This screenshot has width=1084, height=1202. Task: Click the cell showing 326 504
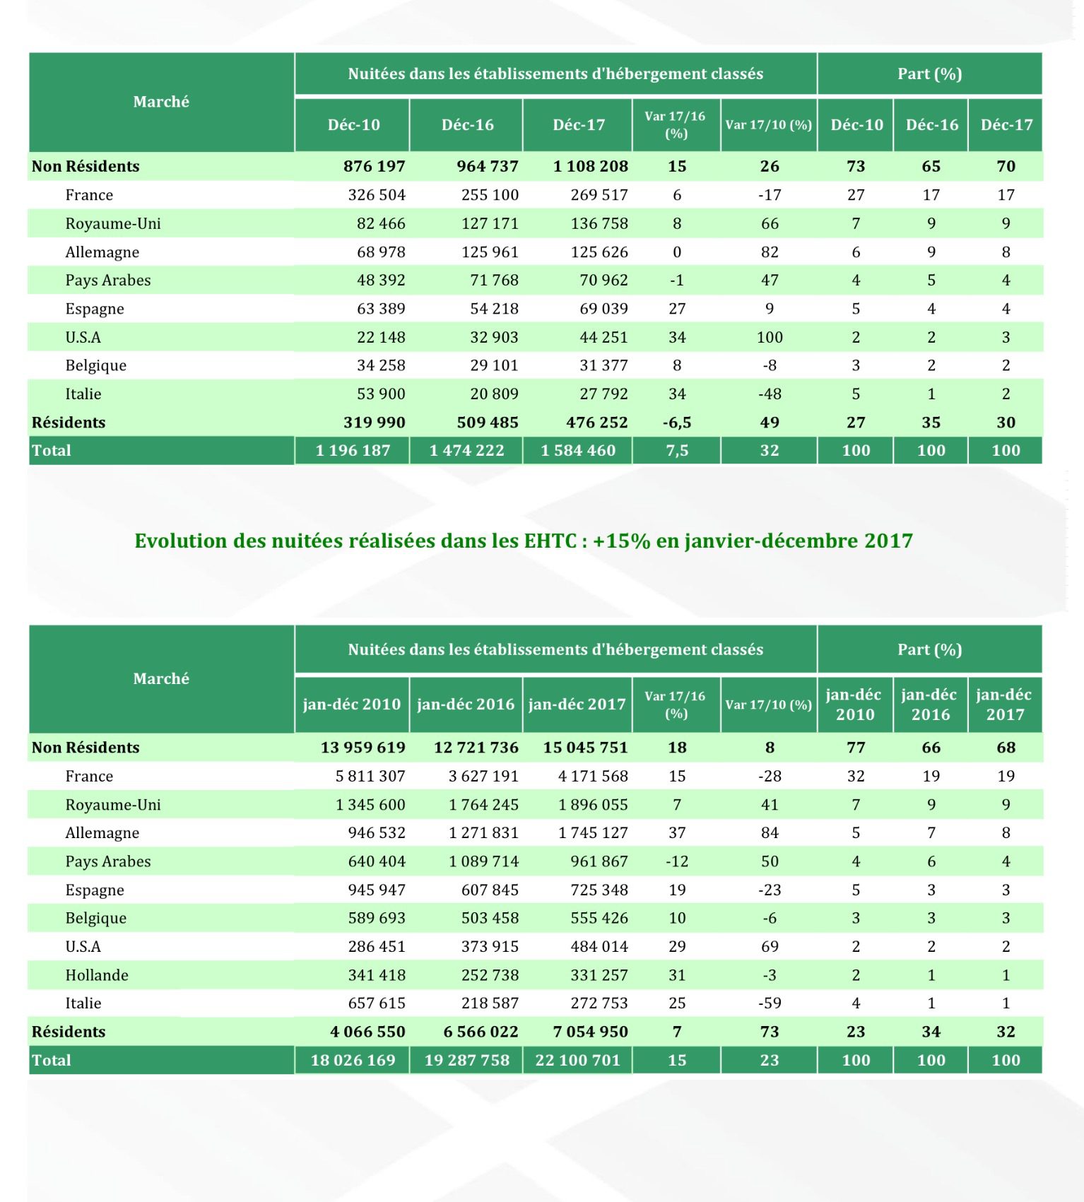click(x=377, y=195)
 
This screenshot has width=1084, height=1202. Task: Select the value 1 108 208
click(x=590, y=167)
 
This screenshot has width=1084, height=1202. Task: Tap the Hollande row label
click(x=97, y=975)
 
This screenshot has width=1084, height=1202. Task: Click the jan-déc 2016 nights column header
click(x=466, y=705)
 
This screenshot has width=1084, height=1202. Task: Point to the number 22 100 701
click(x=577, y=1060)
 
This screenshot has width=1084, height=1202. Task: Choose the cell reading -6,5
click(x=677, y=423)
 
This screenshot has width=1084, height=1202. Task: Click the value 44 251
click(x=603, y=338)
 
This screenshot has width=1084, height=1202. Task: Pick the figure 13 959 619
click(x=363, y=748)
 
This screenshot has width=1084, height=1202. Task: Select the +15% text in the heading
click(x=621, y=541)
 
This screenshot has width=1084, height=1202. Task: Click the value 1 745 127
click(x=593, y=833)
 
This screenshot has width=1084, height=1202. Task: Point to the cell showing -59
click(x=770, y=1003)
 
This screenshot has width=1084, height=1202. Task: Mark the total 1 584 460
click(x=578, y=451)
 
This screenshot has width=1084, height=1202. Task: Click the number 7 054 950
click(x=590, y=1032)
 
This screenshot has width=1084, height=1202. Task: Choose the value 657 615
click(x=377, y=1003)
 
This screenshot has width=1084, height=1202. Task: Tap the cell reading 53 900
click(x=381, y=394)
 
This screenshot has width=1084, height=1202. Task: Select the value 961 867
click(x=599, y=861)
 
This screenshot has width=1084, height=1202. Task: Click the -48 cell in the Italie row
click(x=770, y=394)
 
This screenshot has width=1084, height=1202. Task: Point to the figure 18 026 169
click(x=353, y=1060)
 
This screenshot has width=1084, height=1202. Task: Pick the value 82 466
click(x=381, y=224)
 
